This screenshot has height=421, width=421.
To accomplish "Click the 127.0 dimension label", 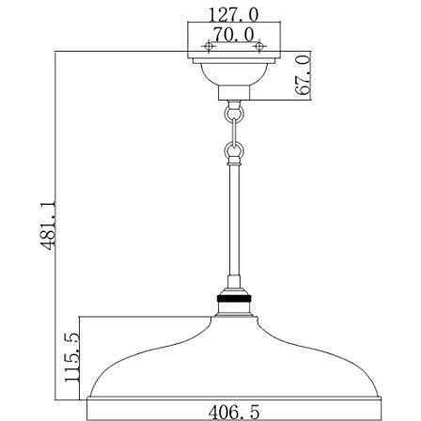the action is [234, 15].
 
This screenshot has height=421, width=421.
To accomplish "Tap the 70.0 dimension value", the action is [234, 35].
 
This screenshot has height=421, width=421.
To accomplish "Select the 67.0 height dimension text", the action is [303, 75].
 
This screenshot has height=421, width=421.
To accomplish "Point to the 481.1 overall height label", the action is [48, 226].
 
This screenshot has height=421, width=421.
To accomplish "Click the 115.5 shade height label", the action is [72, 357].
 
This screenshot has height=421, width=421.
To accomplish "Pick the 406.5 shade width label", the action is [234, 412].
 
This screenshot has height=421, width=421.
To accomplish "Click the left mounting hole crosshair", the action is [209, 46].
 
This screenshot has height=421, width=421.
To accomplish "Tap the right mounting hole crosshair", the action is [259, 46].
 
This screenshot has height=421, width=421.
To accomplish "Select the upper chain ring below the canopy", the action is [234, 114].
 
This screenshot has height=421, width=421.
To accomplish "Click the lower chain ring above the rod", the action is [234, 151].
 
